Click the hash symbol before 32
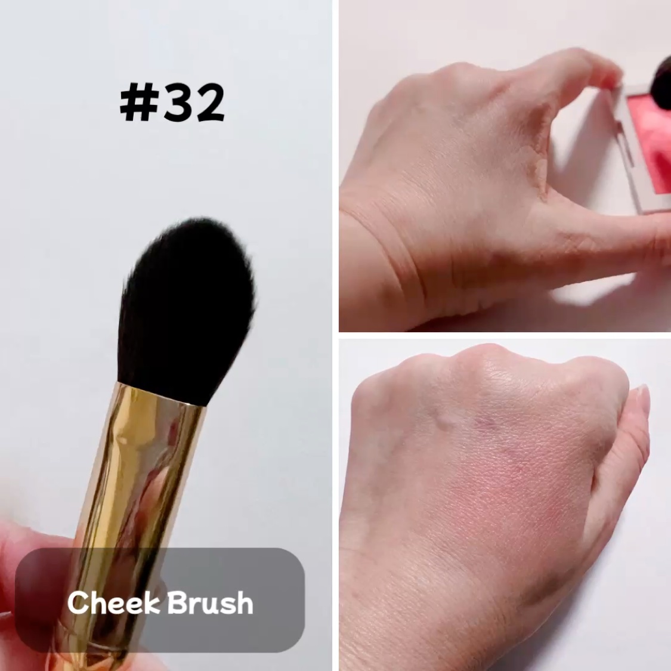[x=138, y=103]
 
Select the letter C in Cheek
[x=78, y=602]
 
